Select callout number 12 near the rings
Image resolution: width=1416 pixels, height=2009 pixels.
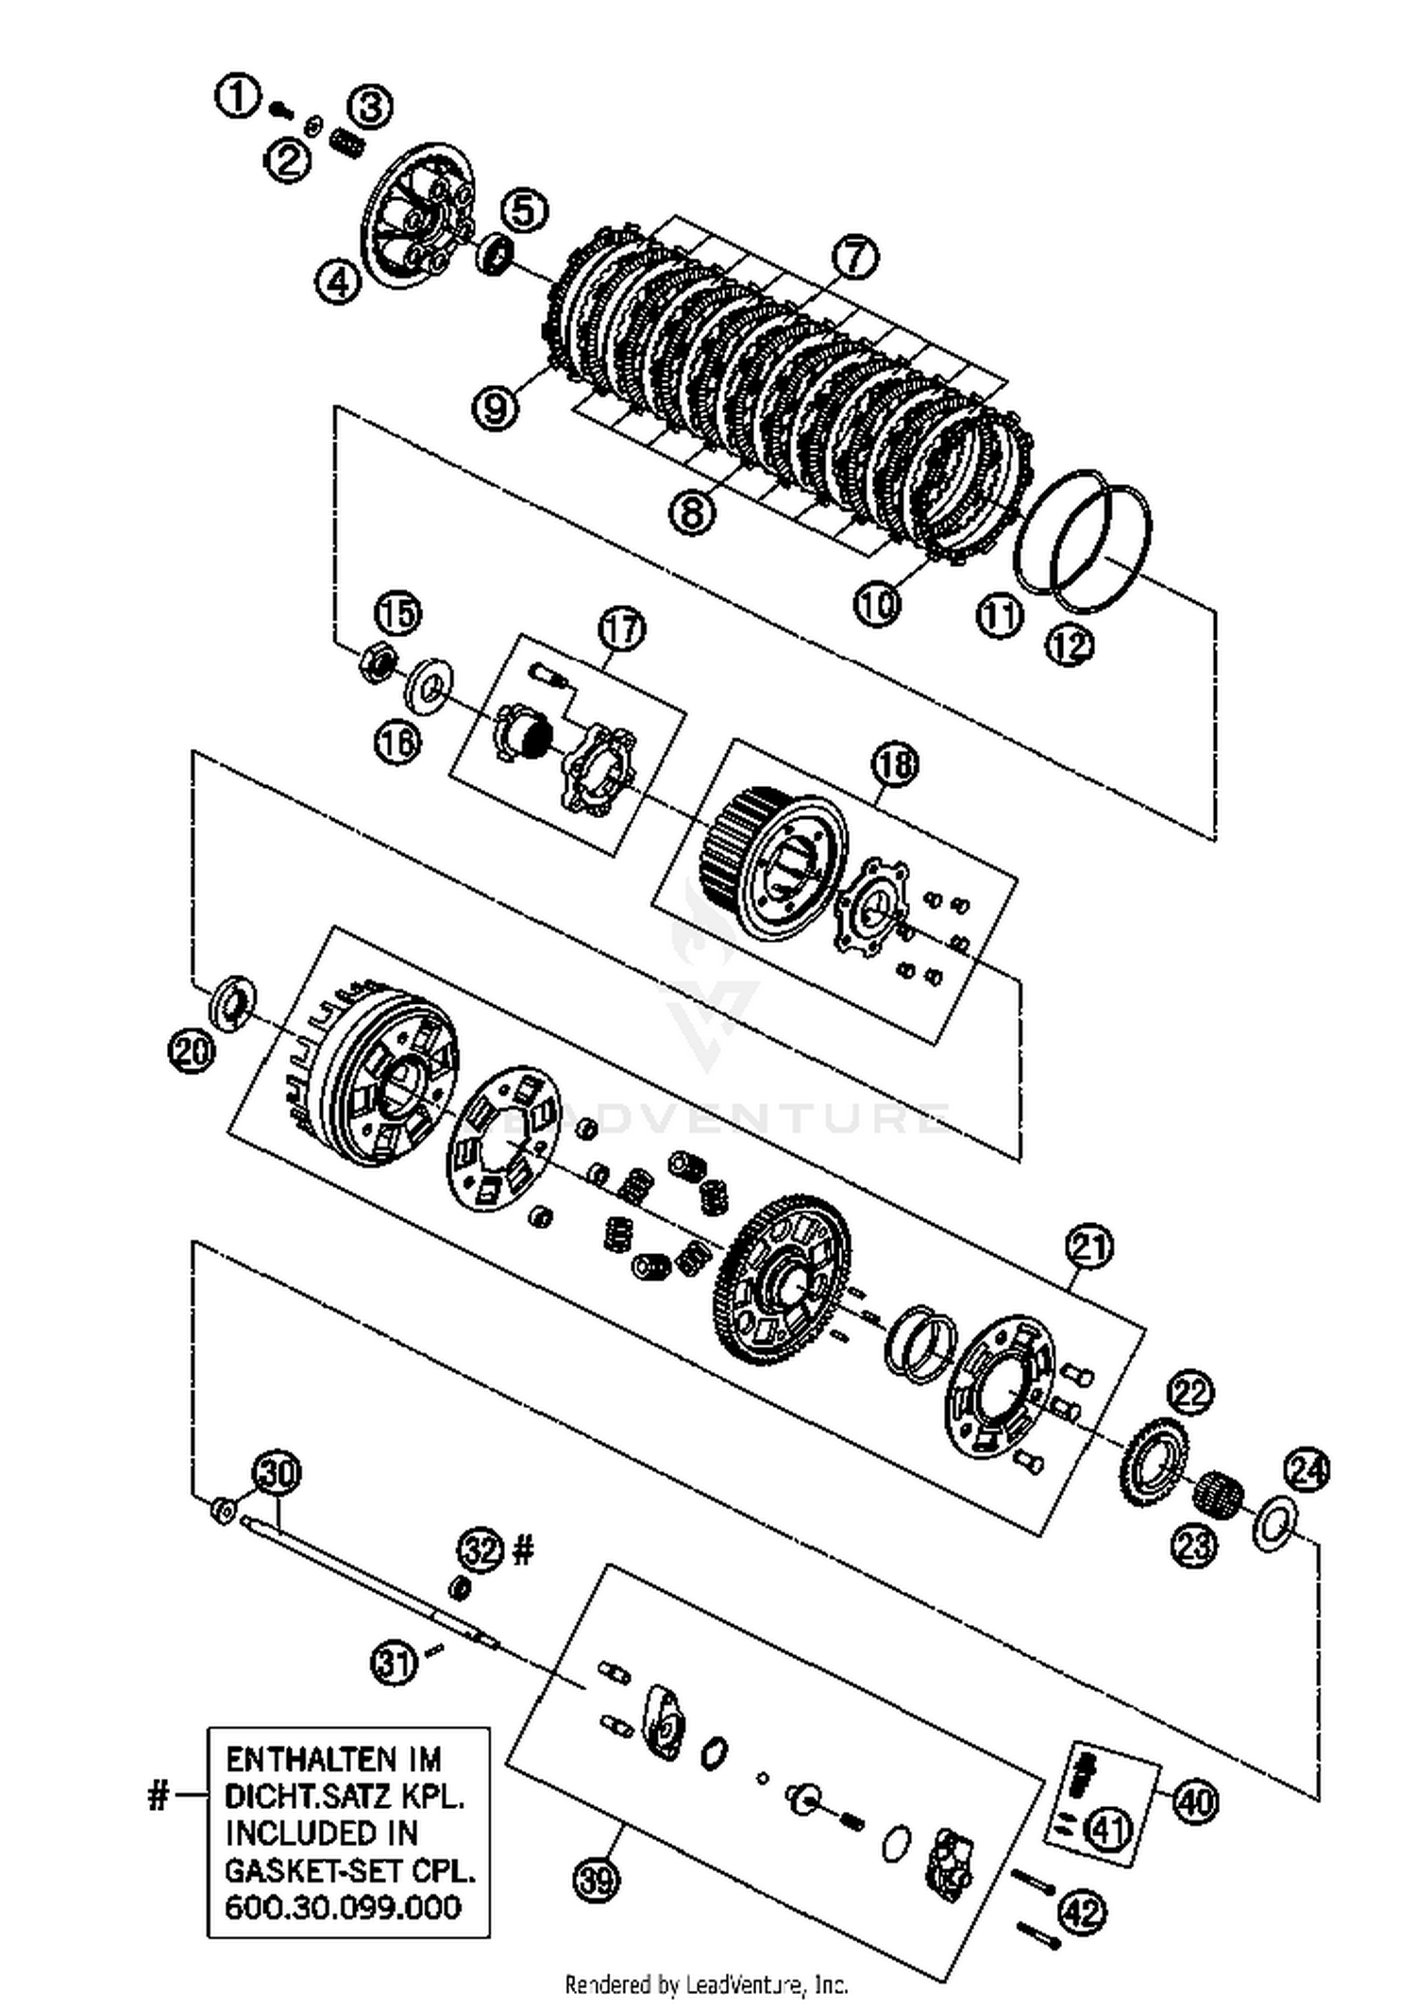(x=1069, y=645)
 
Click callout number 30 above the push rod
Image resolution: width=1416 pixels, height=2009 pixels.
(x=278, y=1474)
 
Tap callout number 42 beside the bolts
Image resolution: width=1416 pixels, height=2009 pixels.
(x=1082, y=1914)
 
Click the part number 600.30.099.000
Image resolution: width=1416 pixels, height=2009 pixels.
(x=343, y=1906)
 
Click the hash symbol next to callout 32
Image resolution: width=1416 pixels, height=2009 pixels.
(x=523, y=1549)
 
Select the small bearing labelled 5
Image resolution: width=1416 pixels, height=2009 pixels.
(x=496, y=253)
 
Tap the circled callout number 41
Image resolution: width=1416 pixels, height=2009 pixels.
(x=1108, y=1831)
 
